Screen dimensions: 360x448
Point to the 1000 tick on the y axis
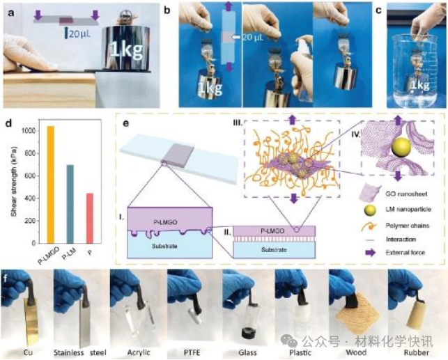(x=25, y=130)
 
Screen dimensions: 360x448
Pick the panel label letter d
(x=7, y=125)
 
